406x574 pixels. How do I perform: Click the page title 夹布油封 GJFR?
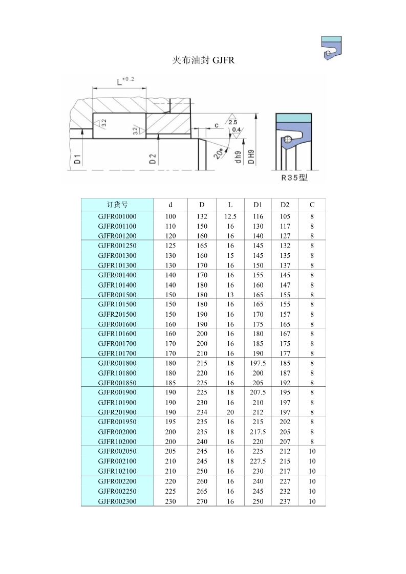[203, 60]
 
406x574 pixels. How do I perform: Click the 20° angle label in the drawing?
[220, 153]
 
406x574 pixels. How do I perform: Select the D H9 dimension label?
[251, 156]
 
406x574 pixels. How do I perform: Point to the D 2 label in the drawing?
[153, 159]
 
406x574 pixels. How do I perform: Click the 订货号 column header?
[117, 205]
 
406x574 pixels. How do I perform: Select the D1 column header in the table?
[258, 205]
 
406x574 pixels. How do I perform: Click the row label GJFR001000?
[117, 216]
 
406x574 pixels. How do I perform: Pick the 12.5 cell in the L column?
[230, 216]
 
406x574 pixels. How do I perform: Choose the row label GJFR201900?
[117, 412]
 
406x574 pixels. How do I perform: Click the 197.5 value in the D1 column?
[258, 363]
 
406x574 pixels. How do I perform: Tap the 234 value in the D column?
[202, 412]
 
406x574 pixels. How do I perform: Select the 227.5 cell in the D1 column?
[258, 461]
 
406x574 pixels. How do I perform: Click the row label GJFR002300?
[117, 501]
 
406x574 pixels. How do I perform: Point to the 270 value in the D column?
[202, 501]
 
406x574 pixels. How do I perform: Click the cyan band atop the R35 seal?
[293, 118]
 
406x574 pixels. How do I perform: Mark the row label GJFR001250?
[117, 246]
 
